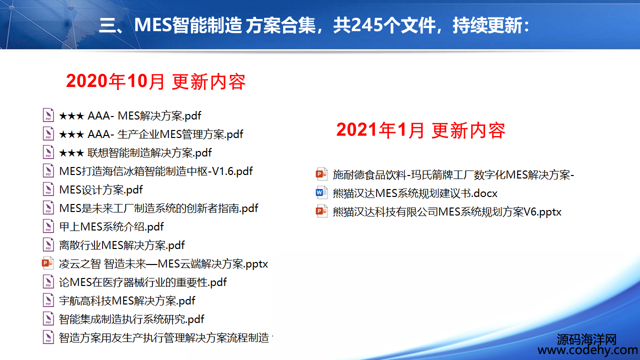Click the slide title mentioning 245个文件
click(314, 25)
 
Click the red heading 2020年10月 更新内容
click(155, 81)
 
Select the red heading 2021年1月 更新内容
click(421, 130)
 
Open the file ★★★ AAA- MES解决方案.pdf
click(130, 115)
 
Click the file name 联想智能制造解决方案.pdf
click(149, 153)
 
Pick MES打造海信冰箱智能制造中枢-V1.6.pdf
click(155, 171)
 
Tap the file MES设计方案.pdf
click(101, 189)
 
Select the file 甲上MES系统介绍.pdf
click(111, 227)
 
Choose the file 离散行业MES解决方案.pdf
click(121, 245)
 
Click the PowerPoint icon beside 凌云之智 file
click(47, 263)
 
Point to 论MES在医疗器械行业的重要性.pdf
click(142, 282)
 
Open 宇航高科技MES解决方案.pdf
click(127, 301)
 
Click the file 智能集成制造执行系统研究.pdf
click(131, 319)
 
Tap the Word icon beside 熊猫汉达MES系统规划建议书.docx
click(321, 192)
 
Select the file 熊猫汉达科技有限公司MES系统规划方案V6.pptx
click(447, 212)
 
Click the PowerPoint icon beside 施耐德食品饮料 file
click(321, 174)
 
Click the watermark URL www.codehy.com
click(587, 350)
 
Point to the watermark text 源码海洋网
click(586, 339)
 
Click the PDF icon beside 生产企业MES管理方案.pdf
click(48, 133)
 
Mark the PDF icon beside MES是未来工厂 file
click(48, 207)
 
